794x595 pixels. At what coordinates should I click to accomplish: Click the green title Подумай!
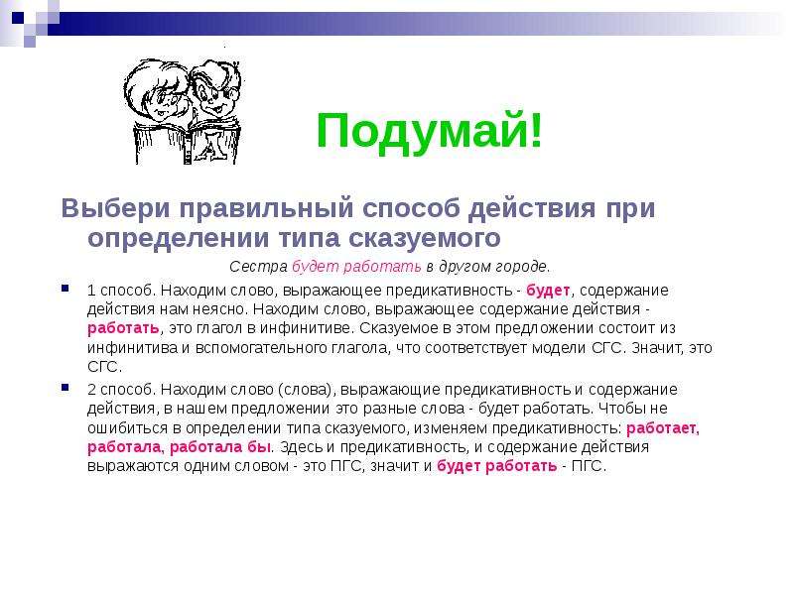click(430, 131)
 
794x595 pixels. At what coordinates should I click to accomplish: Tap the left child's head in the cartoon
click(156, 91)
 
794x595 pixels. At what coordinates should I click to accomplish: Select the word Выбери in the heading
click(115, 207)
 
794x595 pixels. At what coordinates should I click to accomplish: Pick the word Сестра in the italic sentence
click(258, 266)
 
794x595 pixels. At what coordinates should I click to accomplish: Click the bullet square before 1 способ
click(65, 289)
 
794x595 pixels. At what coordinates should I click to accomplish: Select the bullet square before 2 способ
click(65, 388)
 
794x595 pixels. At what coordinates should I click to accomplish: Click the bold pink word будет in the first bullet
click(548, 291)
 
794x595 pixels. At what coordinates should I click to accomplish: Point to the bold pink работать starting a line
click(123, 328)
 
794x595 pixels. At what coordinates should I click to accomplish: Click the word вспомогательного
click(261, 348)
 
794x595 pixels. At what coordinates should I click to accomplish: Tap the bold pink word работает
click(662, 428)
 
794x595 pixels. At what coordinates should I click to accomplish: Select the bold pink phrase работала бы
click(219, 447)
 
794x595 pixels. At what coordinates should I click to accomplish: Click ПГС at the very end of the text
click(588, 465)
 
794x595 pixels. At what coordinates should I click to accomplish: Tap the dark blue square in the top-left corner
click(18, 18)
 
